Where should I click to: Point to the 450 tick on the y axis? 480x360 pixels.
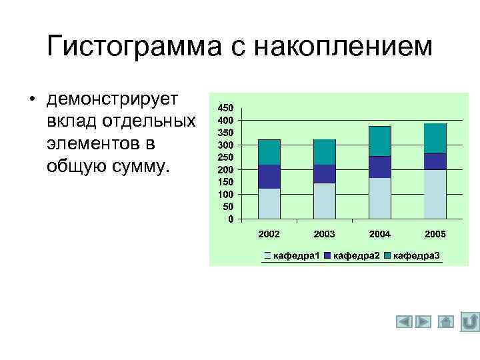pyautogui.click(x=226, y=108)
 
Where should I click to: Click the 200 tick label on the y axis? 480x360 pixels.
pyautogui.click(x=226, y=169)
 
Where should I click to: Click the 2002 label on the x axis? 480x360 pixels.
pyautogui.click(x=269, y=235)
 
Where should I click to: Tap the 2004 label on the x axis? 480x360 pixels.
pyautogui.click(x=379, y=235)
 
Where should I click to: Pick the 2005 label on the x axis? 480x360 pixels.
pyautogui.click(x=435, y=235)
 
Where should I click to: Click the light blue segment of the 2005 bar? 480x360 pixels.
pyautogui.click(x=435, y=194)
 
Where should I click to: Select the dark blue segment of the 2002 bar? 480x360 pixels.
pyautogui.click(x=269, y=177)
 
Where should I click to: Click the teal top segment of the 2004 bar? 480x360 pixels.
pyautogui.click(x=379, y=141)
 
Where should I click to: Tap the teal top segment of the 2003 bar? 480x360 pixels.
pyautogui.click(x=325, y=152)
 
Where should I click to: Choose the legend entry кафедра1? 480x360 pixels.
pyautogui.click(x=296, y=255)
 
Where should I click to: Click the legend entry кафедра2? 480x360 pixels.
pyautogui.click(x=356, y=255)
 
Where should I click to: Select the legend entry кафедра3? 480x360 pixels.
pyautogui.click(x=416, y=255)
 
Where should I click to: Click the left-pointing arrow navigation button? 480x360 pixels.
pyautogui.click(x=404, y=322)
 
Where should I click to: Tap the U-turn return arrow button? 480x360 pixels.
pyautogui.click(x=469, y=321)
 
